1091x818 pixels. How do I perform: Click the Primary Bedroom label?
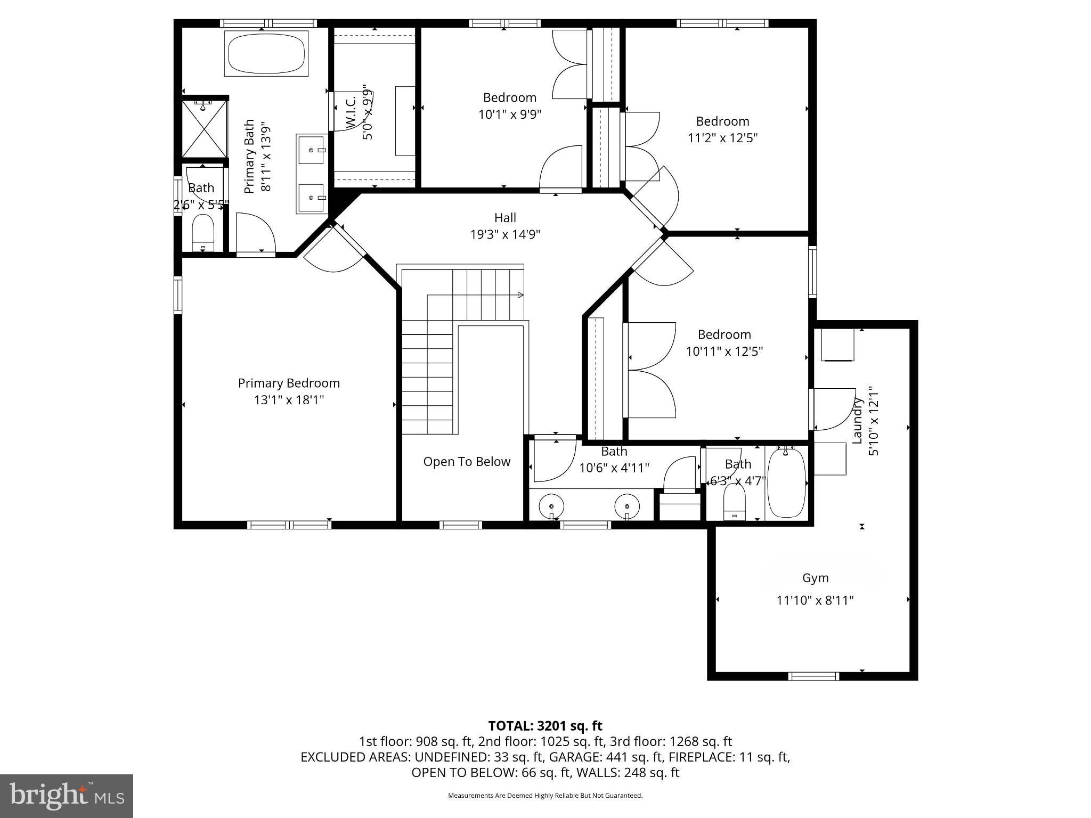tap(288, 383)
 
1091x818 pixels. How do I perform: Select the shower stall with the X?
tap(205, 129)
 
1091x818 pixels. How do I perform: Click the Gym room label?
tap(815, 578)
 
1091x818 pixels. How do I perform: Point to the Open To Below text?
tap(467, 462)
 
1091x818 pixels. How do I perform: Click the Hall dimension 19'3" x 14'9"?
tap(504, 234)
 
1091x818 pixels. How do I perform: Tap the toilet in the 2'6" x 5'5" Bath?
tap(202, 233)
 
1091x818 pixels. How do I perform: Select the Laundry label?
tap(857, 421)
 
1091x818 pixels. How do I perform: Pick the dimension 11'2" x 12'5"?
tap(722, 138)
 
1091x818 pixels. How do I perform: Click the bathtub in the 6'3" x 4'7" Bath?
tap(786, 484)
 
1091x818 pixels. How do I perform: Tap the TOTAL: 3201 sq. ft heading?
tap(545, 726)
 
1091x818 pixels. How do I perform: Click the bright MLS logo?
tap(67, 796)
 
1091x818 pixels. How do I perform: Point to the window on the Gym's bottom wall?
tap(813, 676)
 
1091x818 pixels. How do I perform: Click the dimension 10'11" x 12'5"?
tap(724, 351)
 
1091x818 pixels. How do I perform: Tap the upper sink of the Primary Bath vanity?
tap(312, 150)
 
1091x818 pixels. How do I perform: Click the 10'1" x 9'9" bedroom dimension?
tap(509, 114)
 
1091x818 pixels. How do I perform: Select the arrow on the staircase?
tap(520, 295)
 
